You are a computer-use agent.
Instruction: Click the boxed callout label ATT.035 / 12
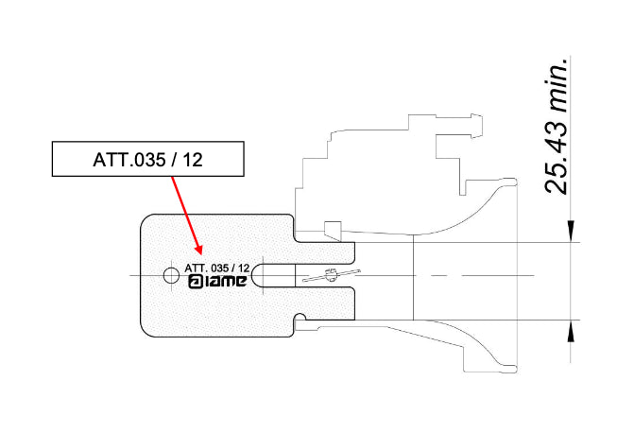point(147,160)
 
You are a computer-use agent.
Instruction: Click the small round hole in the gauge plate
point(170,276)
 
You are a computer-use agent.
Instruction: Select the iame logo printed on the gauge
point(217,282)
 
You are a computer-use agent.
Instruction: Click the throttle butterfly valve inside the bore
point(332,276)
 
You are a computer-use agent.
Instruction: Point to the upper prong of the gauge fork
point(326,251)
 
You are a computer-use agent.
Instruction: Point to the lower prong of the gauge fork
point(326,303)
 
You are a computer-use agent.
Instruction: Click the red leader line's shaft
point(187,213)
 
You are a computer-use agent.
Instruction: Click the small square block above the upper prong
point(331,230)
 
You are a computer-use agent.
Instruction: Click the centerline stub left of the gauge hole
point(142,276)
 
